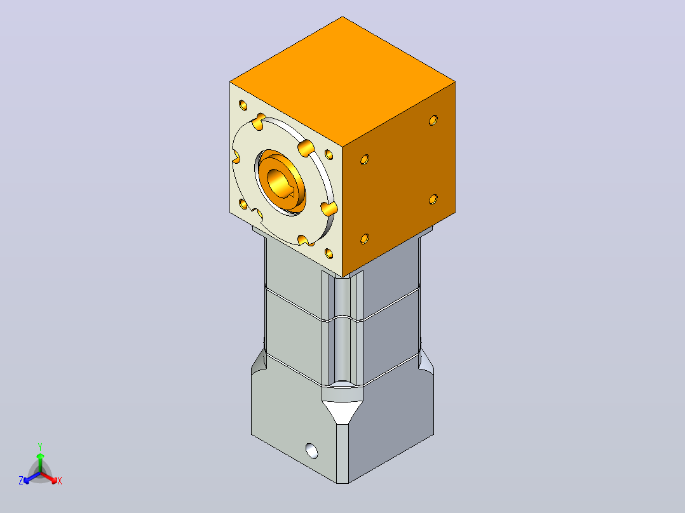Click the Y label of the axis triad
[x=40, y=447]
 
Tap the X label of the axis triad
[x=60, y=481]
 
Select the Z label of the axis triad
[x=21, y=481]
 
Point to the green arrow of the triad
[x=40, y=462]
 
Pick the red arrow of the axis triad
[x=50, y=477]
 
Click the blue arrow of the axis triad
[x=32, y=478]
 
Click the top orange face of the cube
[x=342, y=82]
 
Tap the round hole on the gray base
[x=312, y=451]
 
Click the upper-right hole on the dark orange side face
[x=433, y=120]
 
